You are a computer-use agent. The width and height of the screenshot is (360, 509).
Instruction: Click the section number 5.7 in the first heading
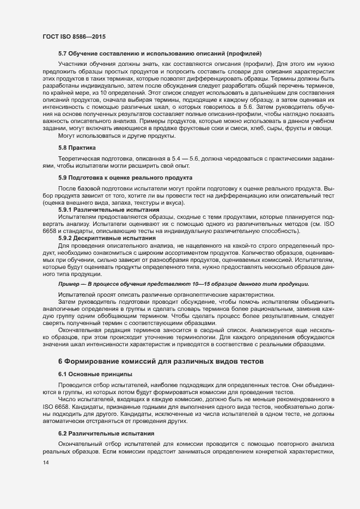[x=63, y=53]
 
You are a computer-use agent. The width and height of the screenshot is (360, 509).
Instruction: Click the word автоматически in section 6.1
[x=66, y=421]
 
